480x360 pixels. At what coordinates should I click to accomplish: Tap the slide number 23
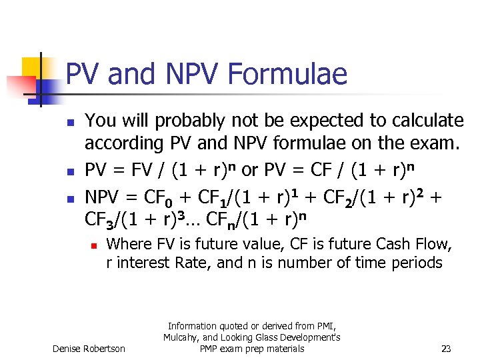pyautogui.click(x=447, y=348)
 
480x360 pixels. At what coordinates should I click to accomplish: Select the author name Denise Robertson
pyautogui.click(x=89, y=349)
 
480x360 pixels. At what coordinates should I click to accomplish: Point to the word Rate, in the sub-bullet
pyautogui.click(x=191, y=263)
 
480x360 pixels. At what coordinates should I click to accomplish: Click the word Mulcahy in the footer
pyautogui.click(x=183, y=337)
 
